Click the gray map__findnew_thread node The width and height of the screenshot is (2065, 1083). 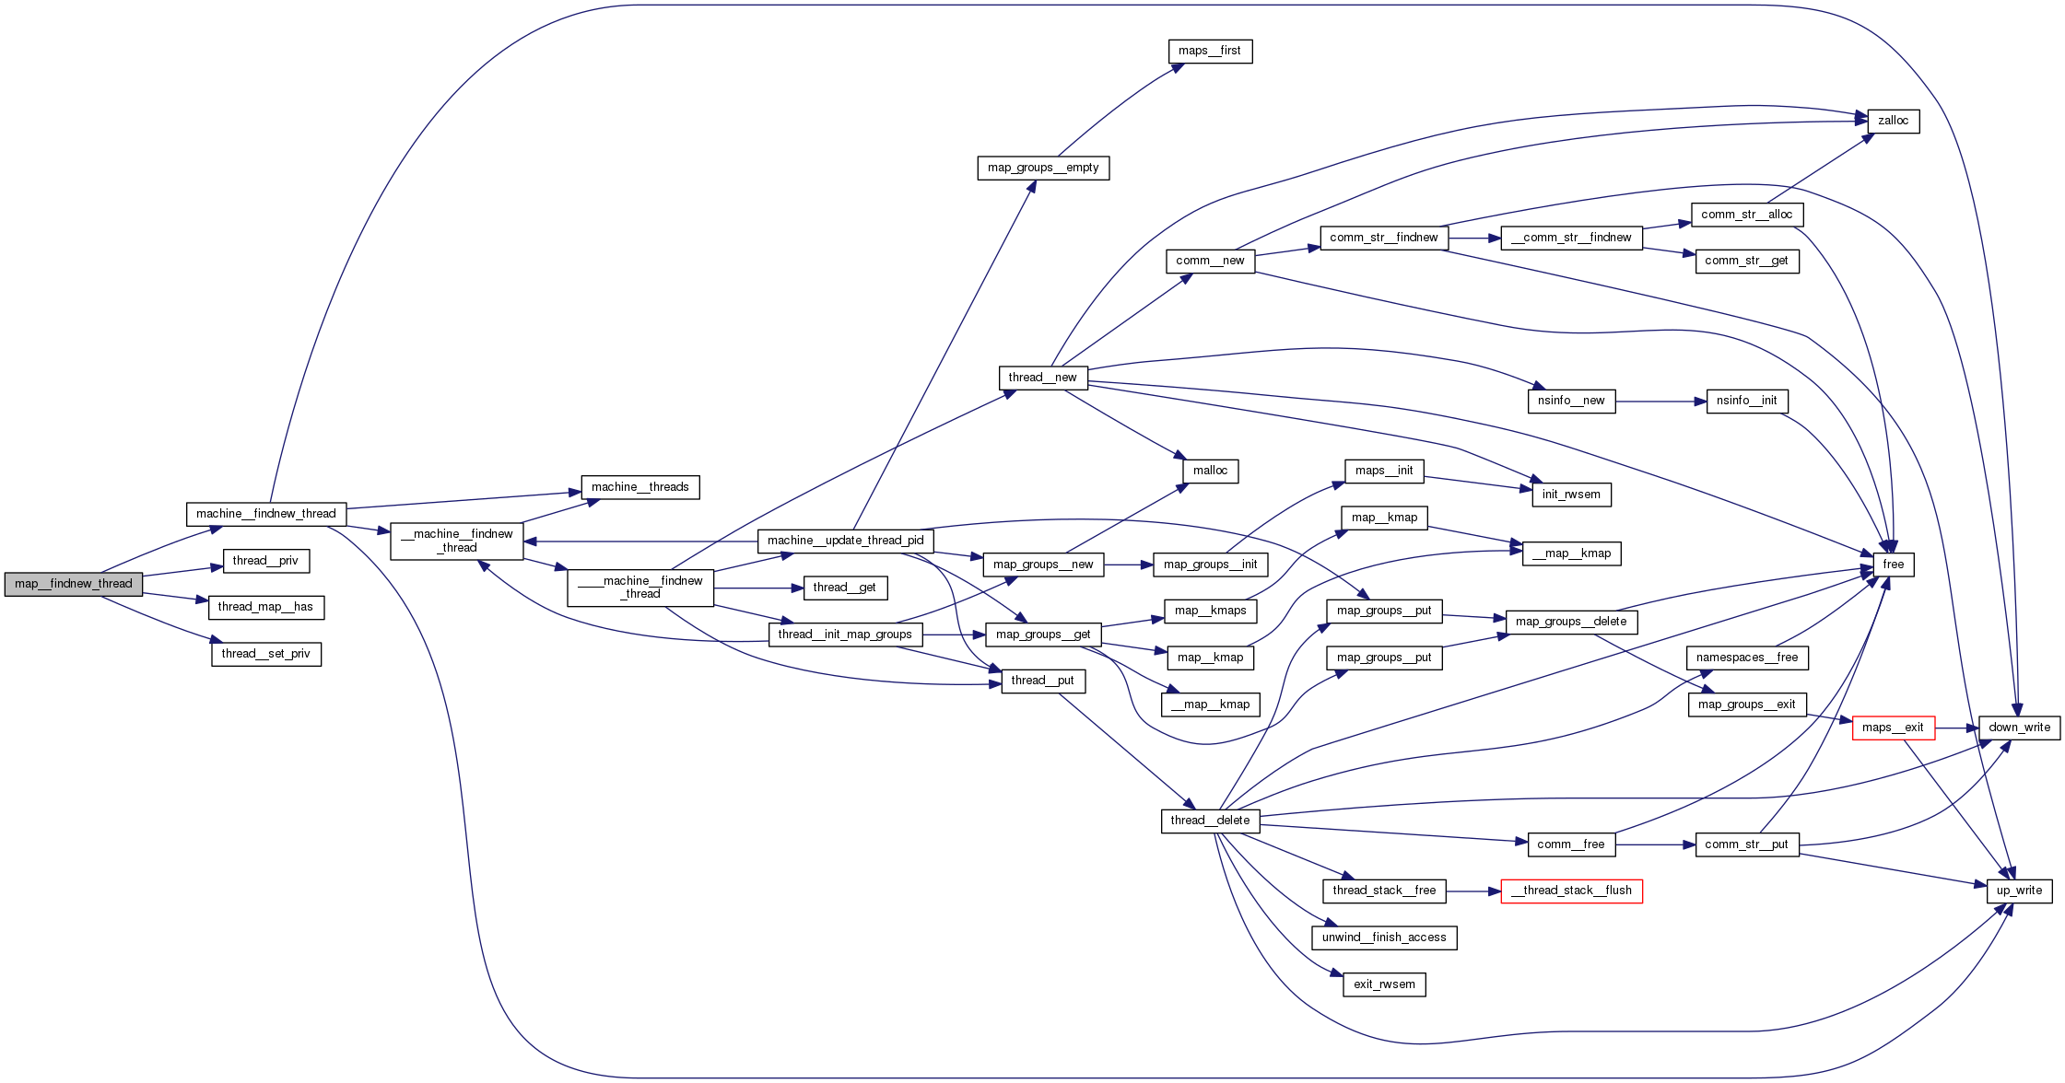pyautogui.click(x=74, y=584)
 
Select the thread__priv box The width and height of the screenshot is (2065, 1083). pyautogui.click(x=265, y=561)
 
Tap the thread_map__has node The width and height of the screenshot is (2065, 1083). pyautogui.click(x=265, y=607)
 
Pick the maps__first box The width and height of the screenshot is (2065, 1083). pyautogui.click(x=1209, y=52)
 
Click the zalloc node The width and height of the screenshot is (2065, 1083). pyautogui.click(x=1893, y=121)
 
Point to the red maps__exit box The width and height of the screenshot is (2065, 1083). pyautogui.click(x=1893, y=728)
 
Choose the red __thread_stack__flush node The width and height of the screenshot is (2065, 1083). pyautogui.click(x=1571, y=891)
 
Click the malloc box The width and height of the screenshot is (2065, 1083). pyautogui.click(x=1210, y=471)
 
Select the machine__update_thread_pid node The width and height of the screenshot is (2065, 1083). pyautogui.click(x=845, y=541)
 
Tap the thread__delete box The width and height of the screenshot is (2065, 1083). pyautogui.click(x=1210, y=821)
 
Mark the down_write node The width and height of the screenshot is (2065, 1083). pyautogui.click(x=2019, y=728)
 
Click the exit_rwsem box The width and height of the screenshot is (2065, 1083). pyautogui.click(x=1384, y=984)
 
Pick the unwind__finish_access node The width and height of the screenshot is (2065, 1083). pyautogui.click(x=1384, y=937)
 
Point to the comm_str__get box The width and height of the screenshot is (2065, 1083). pyautogui.click(x=1746, y=261)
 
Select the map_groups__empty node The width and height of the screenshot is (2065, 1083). pyautogui.click(x=1043, y=168)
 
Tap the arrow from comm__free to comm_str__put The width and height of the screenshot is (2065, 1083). pyautogui.click(x=1655, y=844)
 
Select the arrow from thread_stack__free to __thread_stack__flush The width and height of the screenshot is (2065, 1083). pyautogui.click(x=1473, y=891)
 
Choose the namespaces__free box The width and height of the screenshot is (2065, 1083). pyautogui.click(x=1747, y=658)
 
